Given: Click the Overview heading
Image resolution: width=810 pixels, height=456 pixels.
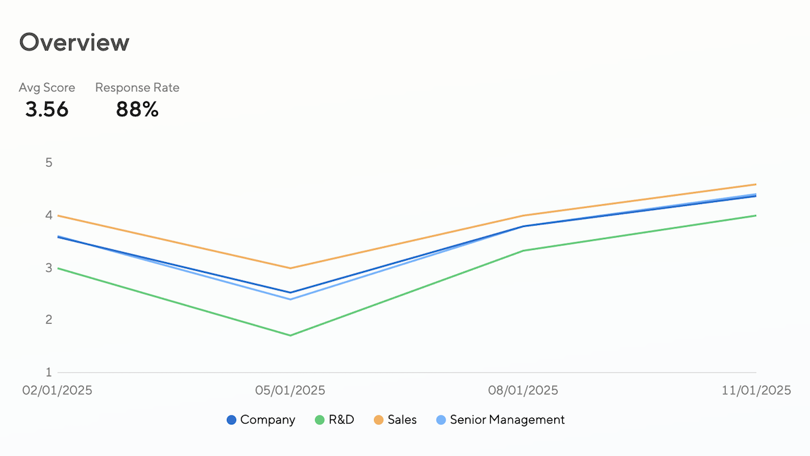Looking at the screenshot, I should pyautogui.click(x=74, y=42).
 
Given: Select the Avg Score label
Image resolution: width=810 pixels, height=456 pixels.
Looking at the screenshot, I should pyautogui.click(x=47, y=88).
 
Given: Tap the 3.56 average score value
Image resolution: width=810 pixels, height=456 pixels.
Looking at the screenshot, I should pyautogui.click(x=47, y=109).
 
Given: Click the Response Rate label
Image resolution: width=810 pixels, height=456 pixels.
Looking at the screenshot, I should pyautogui.click(x=137, y=88).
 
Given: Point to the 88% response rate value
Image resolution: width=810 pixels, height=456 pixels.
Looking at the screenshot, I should pyautogui.click(x=137, y=109).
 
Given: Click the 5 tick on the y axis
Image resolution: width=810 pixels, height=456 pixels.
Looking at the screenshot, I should pyautogui.click(x=49, y=163).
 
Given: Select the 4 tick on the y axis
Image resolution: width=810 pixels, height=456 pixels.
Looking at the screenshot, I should pyautogui.click(x=49, y=216).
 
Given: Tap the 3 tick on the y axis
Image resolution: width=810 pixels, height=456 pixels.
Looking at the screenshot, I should pyautogui.click(x=49, y=268).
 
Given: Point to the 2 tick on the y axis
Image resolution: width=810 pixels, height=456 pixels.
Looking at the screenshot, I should pyautogui.click(x=49, y=320).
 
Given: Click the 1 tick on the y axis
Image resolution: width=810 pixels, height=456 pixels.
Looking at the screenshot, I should pyautogui.click(x=49, y=372).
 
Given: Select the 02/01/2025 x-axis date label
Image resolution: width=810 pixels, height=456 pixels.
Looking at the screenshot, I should pyautogui.click(x=57, y=390).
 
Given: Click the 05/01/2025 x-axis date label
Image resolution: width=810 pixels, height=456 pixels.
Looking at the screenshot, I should pyautogui.click(x=290, y=390).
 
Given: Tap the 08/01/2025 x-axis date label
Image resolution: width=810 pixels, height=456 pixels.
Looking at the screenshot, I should pyautogui.click(x=523, y=390).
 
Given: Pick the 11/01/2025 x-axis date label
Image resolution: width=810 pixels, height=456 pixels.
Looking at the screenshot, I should pyautogui.click(x=756, y=390).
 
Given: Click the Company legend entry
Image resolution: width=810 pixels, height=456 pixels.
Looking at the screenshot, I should pyautogui.click(x=261, y=420).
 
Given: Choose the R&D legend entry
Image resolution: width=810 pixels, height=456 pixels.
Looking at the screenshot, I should pyautogui.click(x=335, y=420).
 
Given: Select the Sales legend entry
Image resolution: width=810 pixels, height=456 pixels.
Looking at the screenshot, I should pyautogui.click(x=395, y=420).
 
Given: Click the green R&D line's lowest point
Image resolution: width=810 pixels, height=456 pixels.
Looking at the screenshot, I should pyautogui.click(x=290, y=335).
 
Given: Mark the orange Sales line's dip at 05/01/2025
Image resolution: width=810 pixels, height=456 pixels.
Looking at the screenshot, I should pyautogui.click(x=290, y=268).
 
